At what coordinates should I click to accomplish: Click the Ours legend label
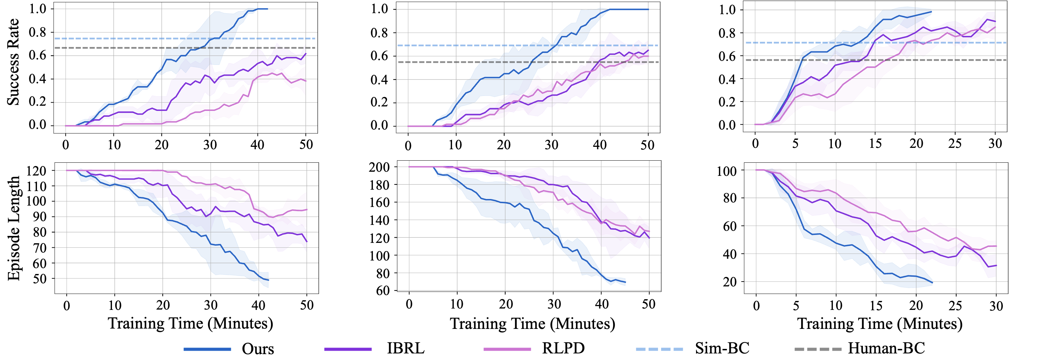click(257, 349)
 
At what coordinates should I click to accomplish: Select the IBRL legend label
click(405, 348)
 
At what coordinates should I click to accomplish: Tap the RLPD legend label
click(563, 348)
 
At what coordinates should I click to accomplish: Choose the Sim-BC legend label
click(722, 348)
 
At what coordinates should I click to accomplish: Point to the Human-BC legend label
click(886, 348)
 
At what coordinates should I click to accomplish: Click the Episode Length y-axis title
click(13, 228)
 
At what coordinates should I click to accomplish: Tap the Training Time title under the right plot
click(880, 324)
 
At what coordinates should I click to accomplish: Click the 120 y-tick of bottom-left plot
click(36, 171)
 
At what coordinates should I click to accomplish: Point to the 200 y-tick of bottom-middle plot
click(379, 167)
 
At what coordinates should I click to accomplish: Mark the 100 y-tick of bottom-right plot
click(726, 171)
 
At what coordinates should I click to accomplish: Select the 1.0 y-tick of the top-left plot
click(37, 9)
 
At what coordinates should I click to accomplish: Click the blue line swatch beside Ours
click(207, 349)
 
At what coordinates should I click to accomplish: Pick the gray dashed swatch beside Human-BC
click(817, 349)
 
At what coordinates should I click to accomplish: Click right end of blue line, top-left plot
click(267, 9)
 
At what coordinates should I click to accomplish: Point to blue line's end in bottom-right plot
click(932, 283)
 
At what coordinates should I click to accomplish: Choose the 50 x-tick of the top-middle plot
click(647, 144)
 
